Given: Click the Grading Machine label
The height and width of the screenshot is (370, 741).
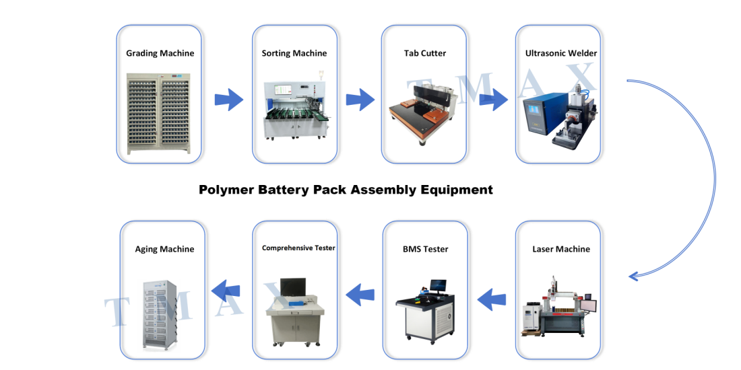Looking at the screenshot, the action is tap(160, 53).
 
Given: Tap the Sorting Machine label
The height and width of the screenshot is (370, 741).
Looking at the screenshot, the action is tap(294, 53).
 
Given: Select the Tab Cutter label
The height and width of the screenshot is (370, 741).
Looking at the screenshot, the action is tap(425, 53).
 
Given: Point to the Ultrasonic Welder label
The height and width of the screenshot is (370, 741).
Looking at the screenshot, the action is tap(561, 53).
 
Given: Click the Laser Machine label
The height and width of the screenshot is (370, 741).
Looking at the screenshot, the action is tap(561, 249).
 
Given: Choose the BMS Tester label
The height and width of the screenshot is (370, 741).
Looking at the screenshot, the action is tap(425, 249).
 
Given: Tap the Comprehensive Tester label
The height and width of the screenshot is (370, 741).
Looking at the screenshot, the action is tap(298, 248).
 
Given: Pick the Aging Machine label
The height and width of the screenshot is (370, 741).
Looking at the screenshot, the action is tap(164, 249).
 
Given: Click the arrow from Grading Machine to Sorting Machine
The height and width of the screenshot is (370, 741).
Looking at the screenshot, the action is tap(229, 100).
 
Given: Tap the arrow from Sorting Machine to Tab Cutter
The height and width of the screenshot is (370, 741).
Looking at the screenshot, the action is tap(360, 100).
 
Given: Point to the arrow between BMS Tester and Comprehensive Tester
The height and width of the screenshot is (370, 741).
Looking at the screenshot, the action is tap(360, 295).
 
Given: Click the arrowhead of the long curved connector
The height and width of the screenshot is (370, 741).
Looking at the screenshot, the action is tap(633, 276).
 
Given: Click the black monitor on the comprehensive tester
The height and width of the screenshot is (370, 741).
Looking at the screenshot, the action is tap(292, 287).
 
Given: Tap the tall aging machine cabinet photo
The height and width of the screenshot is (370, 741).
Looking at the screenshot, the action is tap(161, 315).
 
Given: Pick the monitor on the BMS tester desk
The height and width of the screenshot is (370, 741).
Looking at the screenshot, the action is tap(438, 285).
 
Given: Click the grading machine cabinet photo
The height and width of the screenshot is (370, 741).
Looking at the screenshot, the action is tap(159, 114).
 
